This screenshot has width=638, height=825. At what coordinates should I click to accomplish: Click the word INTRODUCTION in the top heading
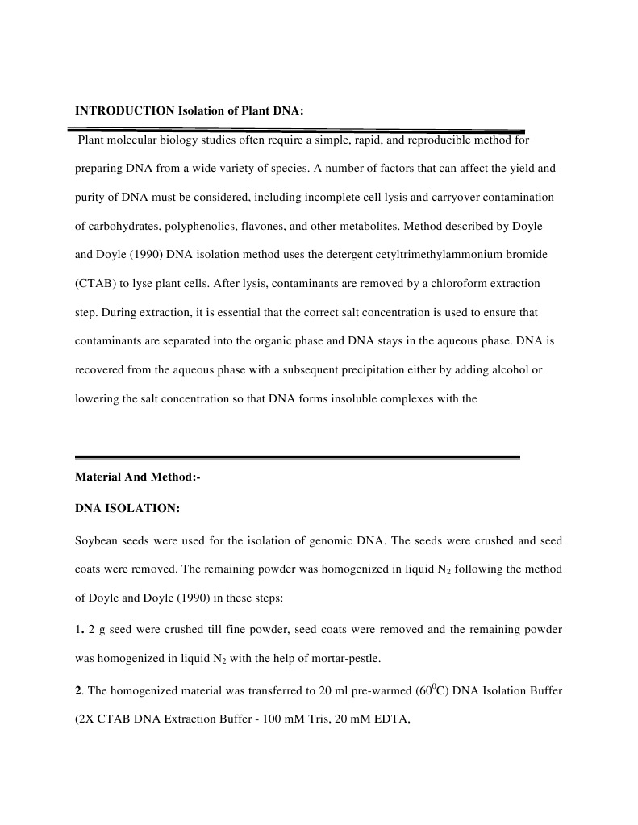pyautogui.click(x=123, y=111)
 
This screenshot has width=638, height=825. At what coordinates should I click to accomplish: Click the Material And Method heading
pyautogui.click(x=137, y=477)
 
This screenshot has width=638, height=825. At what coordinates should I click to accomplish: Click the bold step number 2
pyautogui.click(x=78, y=690)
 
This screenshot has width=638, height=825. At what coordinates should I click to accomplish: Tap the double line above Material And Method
pyautogui.click(x=297, y=457)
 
